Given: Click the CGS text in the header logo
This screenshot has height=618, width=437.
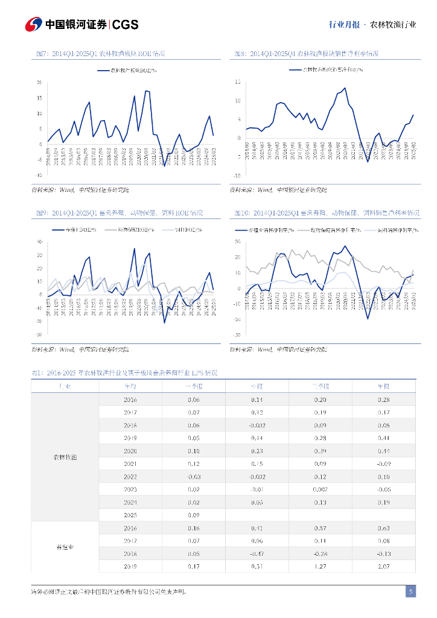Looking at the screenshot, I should (126, 24).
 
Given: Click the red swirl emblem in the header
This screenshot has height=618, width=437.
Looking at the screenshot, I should (33, 24).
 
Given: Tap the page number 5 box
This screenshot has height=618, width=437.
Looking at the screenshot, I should (410, 592).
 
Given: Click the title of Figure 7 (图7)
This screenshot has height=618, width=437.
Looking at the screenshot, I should (101, 54).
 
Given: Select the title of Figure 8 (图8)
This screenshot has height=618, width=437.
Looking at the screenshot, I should (307, 54).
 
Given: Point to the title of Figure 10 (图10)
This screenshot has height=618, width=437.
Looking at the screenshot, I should (327, 214).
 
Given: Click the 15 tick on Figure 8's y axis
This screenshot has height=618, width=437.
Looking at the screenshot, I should (238, 81).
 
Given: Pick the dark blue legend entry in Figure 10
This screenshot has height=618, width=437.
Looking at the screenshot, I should (270, 230).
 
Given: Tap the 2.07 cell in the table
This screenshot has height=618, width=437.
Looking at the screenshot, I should (383, 567).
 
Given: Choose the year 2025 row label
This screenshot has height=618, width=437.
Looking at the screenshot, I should (130, 515).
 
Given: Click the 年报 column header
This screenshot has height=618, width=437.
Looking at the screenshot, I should (383, 386).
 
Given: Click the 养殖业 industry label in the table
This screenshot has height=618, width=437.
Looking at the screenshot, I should (65, 547).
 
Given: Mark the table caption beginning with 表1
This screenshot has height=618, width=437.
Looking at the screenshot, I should (124, 374).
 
